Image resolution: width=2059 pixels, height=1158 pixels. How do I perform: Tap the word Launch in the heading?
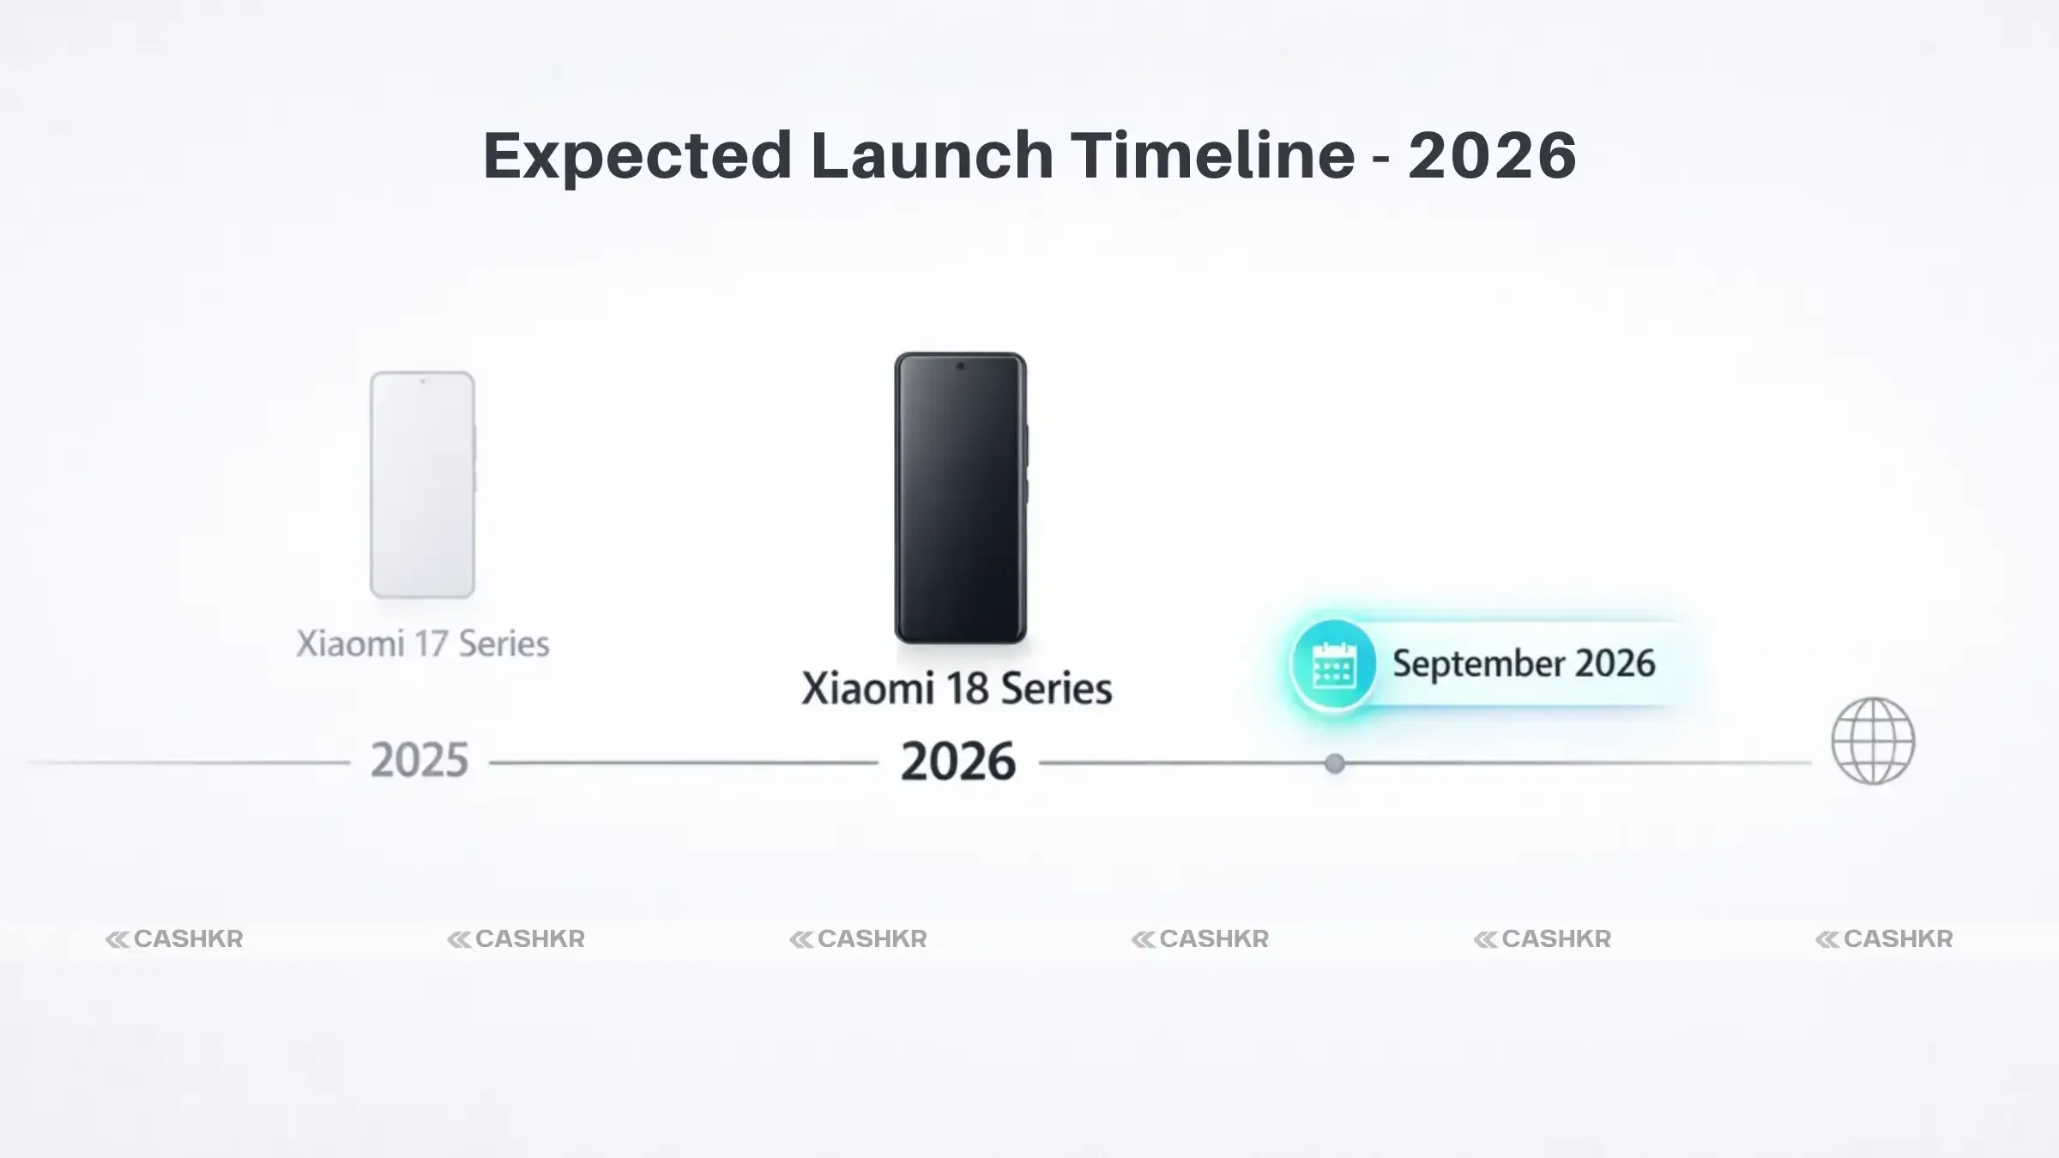[932, 156]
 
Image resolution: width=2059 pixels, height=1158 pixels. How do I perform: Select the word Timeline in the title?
[1213, 156]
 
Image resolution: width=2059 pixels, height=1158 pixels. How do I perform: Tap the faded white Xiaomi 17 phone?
[422, 485]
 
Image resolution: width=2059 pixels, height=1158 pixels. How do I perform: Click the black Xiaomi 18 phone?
[960, 498]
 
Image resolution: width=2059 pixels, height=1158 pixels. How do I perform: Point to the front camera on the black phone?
[960, 366]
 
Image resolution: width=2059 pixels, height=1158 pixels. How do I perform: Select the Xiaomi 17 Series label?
[422, 644]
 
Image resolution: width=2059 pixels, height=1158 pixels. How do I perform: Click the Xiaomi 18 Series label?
[957, 689]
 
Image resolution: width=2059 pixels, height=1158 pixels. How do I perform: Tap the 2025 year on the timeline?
[420, 761]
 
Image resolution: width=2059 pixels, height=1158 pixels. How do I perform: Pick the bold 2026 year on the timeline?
[958, 762]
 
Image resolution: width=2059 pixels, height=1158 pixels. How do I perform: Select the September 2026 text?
[1523, 664]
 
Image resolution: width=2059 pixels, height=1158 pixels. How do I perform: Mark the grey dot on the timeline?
[1334, 763]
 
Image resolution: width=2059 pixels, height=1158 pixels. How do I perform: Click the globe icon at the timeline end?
[1873, 741]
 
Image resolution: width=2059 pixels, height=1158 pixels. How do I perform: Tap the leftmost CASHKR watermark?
[174, 939]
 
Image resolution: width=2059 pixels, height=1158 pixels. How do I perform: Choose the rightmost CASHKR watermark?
[1884, 939]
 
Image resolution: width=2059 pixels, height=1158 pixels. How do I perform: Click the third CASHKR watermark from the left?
[858, 939]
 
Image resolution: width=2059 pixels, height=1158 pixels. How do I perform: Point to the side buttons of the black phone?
[1026, 463]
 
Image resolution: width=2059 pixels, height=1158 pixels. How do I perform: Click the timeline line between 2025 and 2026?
[684, 763]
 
